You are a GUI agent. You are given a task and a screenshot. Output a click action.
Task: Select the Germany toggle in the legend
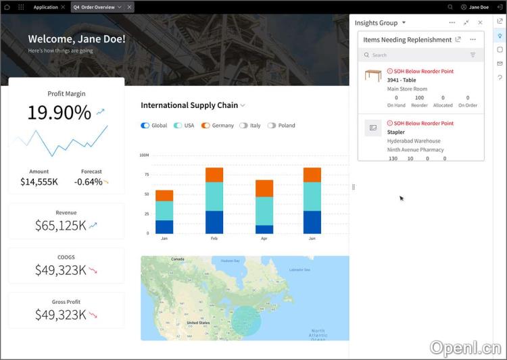pyautogui.click(x=206, y=126)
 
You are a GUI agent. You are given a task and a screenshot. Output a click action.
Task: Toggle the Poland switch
pyautogui.click(x=272, y=126)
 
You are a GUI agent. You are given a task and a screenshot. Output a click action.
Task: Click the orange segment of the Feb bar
pyautogui.click(x=214, y=175)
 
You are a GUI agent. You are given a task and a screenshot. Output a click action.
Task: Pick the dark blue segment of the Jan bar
pyautogui.click(x=164, y=227)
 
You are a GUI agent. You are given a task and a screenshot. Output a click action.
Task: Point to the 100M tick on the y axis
pyautogui.click(x=144, y=155)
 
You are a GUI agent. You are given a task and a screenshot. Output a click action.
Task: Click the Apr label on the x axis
pyautogui.click(x=264, y=238)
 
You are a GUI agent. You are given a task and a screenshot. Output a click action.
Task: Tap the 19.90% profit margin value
pyautogui.click(x=59, y=113)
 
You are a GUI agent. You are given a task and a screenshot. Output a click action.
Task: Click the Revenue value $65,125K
pyautogui.click(x=61, y=226)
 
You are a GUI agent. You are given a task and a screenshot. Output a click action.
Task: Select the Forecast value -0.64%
pyautogui.click(x=89, y=182)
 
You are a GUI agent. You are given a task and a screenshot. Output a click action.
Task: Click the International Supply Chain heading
pyautogui.click(x=189, y=105)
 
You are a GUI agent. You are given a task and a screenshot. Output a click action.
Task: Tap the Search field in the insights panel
pyautogui.click(x=412, y=55)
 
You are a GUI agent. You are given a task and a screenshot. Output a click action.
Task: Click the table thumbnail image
pyautogui.click(x=373, y=76)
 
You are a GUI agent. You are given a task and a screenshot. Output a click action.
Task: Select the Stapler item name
pyautogui.click(x=396, y=132)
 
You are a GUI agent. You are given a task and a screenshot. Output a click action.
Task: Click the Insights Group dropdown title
pyautogui.click(x=380, y=23)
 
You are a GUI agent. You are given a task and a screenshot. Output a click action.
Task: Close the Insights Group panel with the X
pyautogui.click(x=480, y=23)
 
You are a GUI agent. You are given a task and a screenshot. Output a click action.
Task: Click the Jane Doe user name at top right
pyautogui.click(x=479, y=7)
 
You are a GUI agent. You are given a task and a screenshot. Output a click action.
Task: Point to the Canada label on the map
pyautogui.click(x=178, y=259)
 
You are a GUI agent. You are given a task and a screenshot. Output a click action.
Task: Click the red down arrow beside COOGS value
pyautogui.click(x=93, y=270)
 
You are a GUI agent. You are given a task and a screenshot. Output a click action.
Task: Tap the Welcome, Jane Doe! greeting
pyautogui.click(x=76, y=38)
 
